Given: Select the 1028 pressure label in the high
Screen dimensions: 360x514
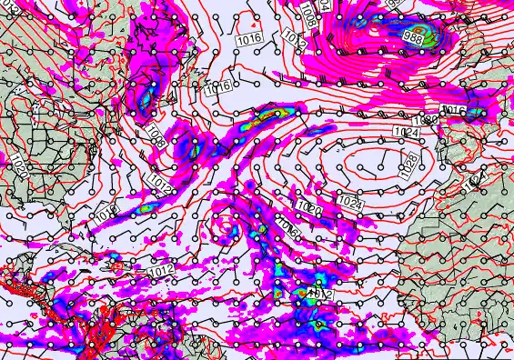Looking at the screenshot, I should click(408, 163).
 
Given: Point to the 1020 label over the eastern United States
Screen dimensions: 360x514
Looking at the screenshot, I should click(21, 166).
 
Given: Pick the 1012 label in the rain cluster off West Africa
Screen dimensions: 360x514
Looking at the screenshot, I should click(317, 294).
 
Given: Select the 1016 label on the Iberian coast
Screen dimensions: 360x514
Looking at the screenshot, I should click(454, 111).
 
